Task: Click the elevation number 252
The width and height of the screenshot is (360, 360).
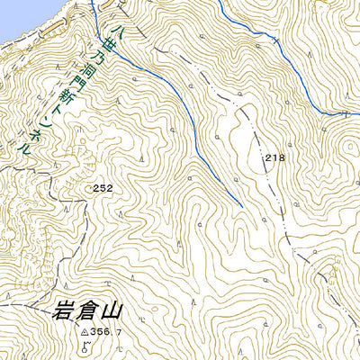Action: [x=102, y=188]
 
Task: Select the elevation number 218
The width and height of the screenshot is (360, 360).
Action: [x=274, y=157]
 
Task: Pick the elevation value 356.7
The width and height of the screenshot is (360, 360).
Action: [x=105, y=332]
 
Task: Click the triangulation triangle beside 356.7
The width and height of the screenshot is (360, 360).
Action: [x=84, y=332]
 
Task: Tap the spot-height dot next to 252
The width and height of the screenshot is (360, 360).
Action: [x=90, y=187]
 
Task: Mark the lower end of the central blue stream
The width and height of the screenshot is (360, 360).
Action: [x=242, y=206]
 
